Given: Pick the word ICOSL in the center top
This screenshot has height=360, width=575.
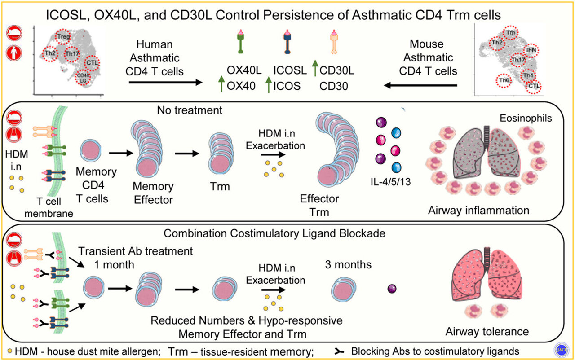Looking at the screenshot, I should coord(290,70).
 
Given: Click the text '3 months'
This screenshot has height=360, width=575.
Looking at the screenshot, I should coord(348,265).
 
